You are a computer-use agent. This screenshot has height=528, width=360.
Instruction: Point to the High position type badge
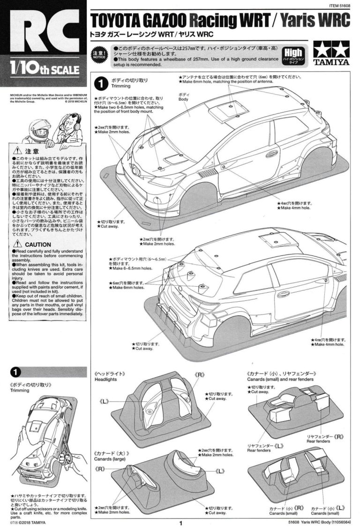coord(294,55)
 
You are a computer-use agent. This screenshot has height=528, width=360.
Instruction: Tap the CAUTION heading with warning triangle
coord(33,245)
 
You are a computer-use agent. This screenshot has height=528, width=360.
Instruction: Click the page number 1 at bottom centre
coord(180,521)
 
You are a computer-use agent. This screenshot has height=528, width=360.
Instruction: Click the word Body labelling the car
coord(183,99)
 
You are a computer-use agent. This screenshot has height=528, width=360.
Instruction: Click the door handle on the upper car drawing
coord(271,154)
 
